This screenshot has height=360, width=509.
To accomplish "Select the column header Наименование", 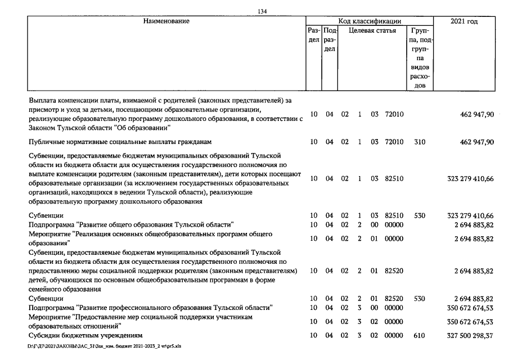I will (166, 21).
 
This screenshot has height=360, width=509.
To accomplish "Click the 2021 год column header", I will (465, 21).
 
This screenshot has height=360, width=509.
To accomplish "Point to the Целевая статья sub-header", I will (372, 31).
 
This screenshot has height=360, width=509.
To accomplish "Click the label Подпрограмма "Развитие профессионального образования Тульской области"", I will (151, 308).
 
